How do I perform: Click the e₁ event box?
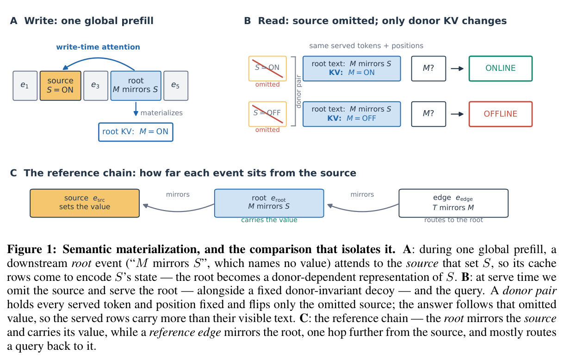tap(25, 86)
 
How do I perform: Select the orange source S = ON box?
tap(61, 86)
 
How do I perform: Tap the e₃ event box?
tap(96, 86)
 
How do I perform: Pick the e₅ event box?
tap(176, 86)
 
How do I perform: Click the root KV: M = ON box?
tap(136, 132)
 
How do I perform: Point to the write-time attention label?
tap(98, 47)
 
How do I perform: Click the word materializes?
tap(161, 113)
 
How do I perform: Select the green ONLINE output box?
tap(501, 68)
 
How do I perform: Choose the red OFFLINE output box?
tap(501, 114)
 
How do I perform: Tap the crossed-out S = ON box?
tap(267, 68)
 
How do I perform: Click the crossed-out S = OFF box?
tap(267, 114)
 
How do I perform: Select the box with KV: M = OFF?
tap(352, 114)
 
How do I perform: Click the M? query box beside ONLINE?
tap(428, 68)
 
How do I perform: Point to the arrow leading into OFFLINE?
tap(457, 114)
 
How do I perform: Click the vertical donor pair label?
tap(298, 91)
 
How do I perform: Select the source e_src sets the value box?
tap(85, 203)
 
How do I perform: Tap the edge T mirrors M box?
tap(453, 203)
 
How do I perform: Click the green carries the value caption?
tap(269, 220)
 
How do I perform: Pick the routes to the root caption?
tap(453, 220)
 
